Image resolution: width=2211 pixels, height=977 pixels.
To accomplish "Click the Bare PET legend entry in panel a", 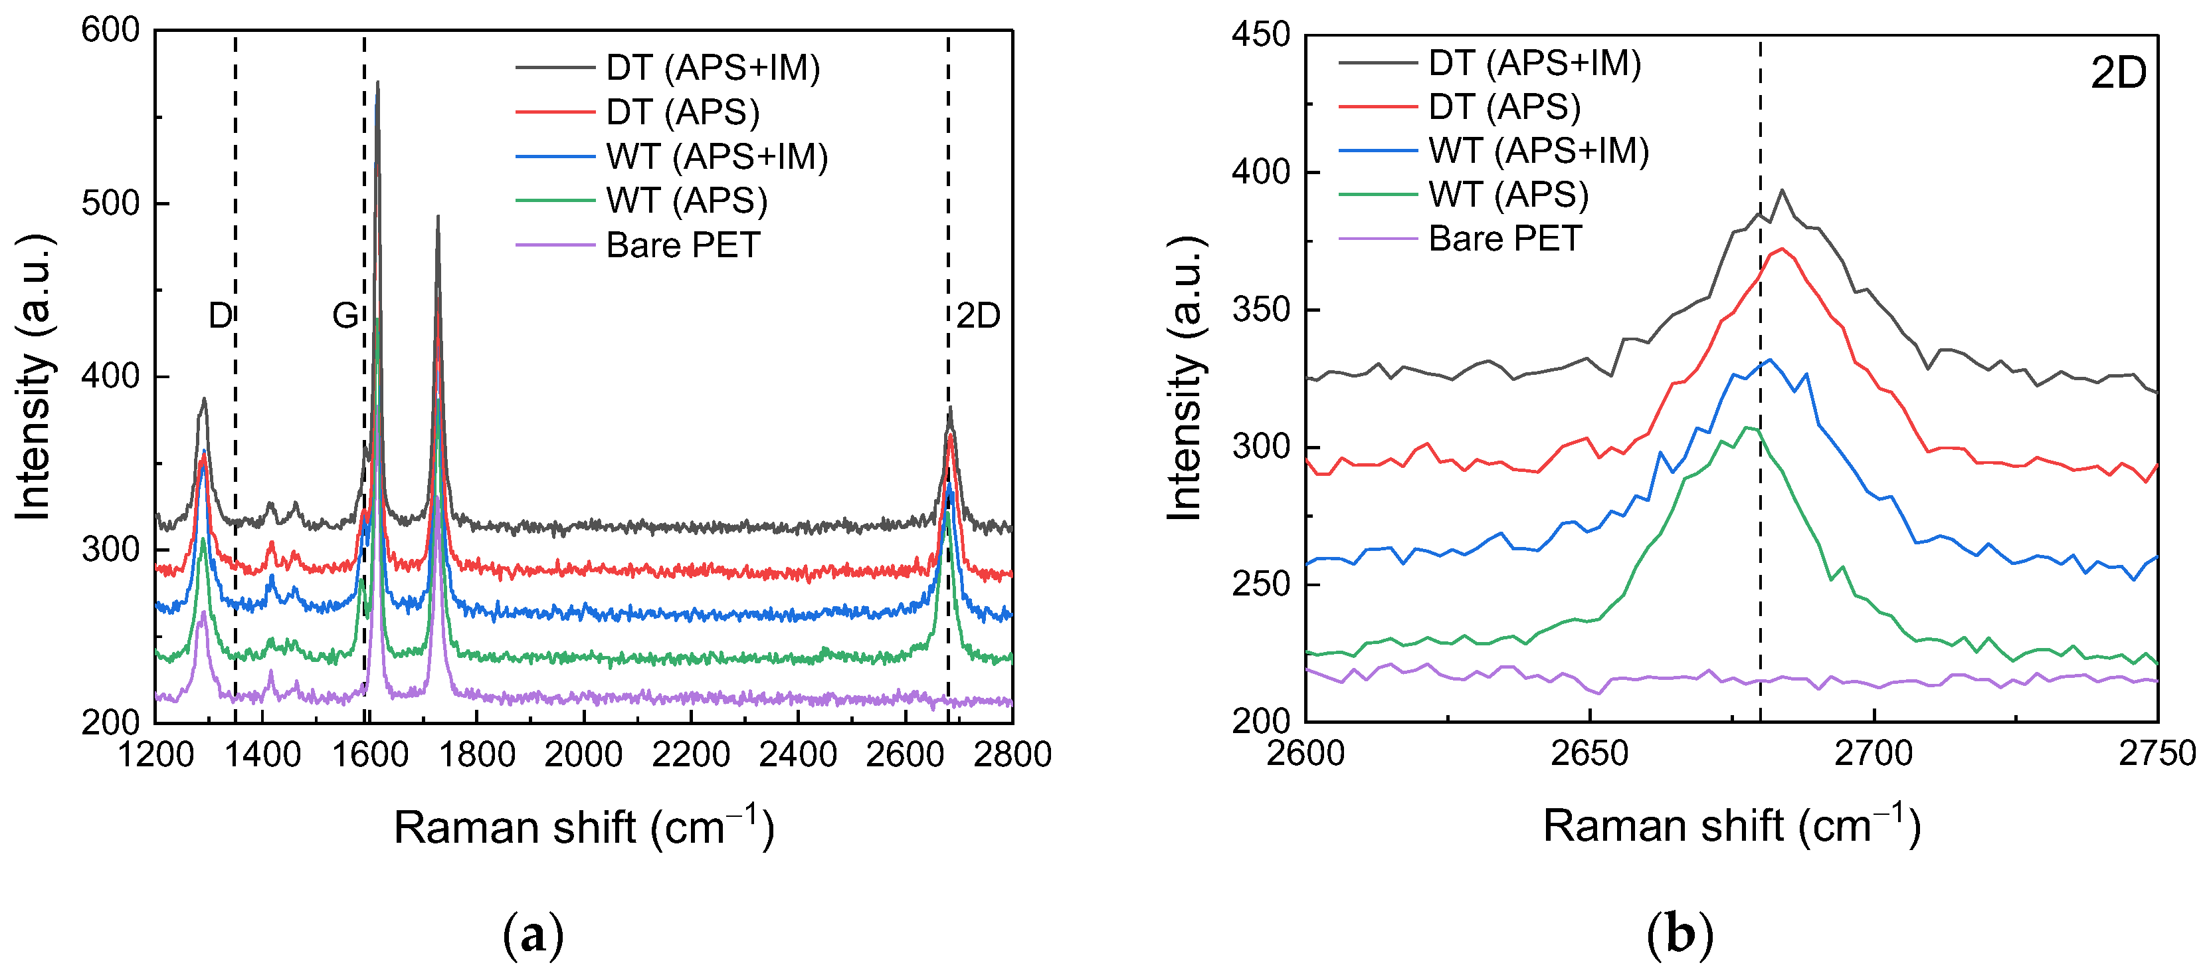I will tap(682, 245).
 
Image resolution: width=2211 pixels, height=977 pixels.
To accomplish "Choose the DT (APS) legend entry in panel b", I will tap(1503, 107).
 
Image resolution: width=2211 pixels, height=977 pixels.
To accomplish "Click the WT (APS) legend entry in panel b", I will tap(1508, 195).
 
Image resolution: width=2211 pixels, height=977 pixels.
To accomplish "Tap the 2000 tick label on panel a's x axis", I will tap(584, 754).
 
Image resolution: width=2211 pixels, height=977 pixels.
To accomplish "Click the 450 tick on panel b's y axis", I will tap(1260, 35).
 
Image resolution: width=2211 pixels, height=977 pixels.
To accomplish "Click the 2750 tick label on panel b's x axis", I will tap(2156, 754).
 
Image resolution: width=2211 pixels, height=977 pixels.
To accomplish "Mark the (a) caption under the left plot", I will tap(533, 934).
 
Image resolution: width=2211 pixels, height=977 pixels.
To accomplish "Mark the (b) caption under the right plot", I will tap(1680, 934).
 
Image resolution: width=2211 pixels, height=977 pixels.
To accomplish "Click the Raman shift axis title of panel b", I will tap(1731, 826).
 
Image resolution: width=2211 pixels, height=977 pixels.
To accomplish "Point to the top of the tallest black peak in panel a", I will tap(377, 83).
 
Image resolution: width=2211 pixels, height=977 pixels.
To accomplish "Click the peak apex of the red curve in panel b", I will tap(1782, 249).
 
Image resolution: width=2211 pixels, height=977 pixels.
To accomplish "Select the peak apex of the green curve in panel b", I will tap(1747, 427).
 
